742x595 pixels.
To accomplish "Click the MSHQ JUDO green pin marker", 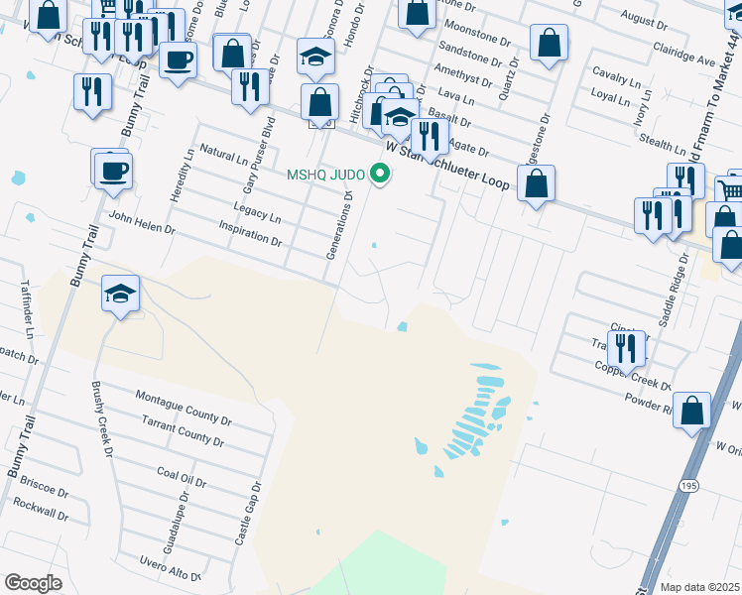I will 379,176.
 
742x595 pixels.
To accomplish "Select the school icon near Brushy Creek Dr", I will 120,294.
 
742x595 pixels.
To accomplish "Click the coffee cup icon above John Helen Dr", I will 113,171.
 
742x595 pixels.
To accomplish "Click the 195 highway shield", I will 688,484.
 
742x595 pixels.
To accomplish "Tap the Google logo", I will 33,583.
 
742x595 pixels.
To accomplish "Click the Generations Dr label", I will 339,225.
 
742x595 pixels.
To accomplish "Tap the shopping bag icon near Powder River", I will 692,410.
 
